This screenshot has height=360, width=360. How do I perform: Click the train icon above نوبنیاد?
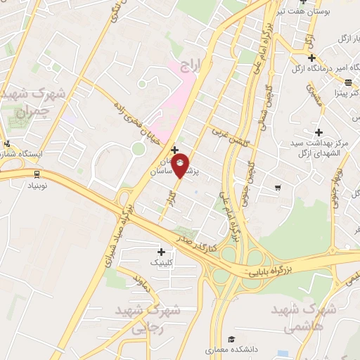tap(36, 174)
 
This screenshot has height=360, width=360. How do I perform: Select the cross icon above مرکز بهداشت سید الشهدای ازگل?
tap(319, 131)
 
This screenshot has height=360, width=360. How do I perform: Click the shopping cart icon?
tap(278, 187)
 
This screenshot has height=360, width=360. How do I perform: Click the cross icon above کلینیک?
tap(162, 251)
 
